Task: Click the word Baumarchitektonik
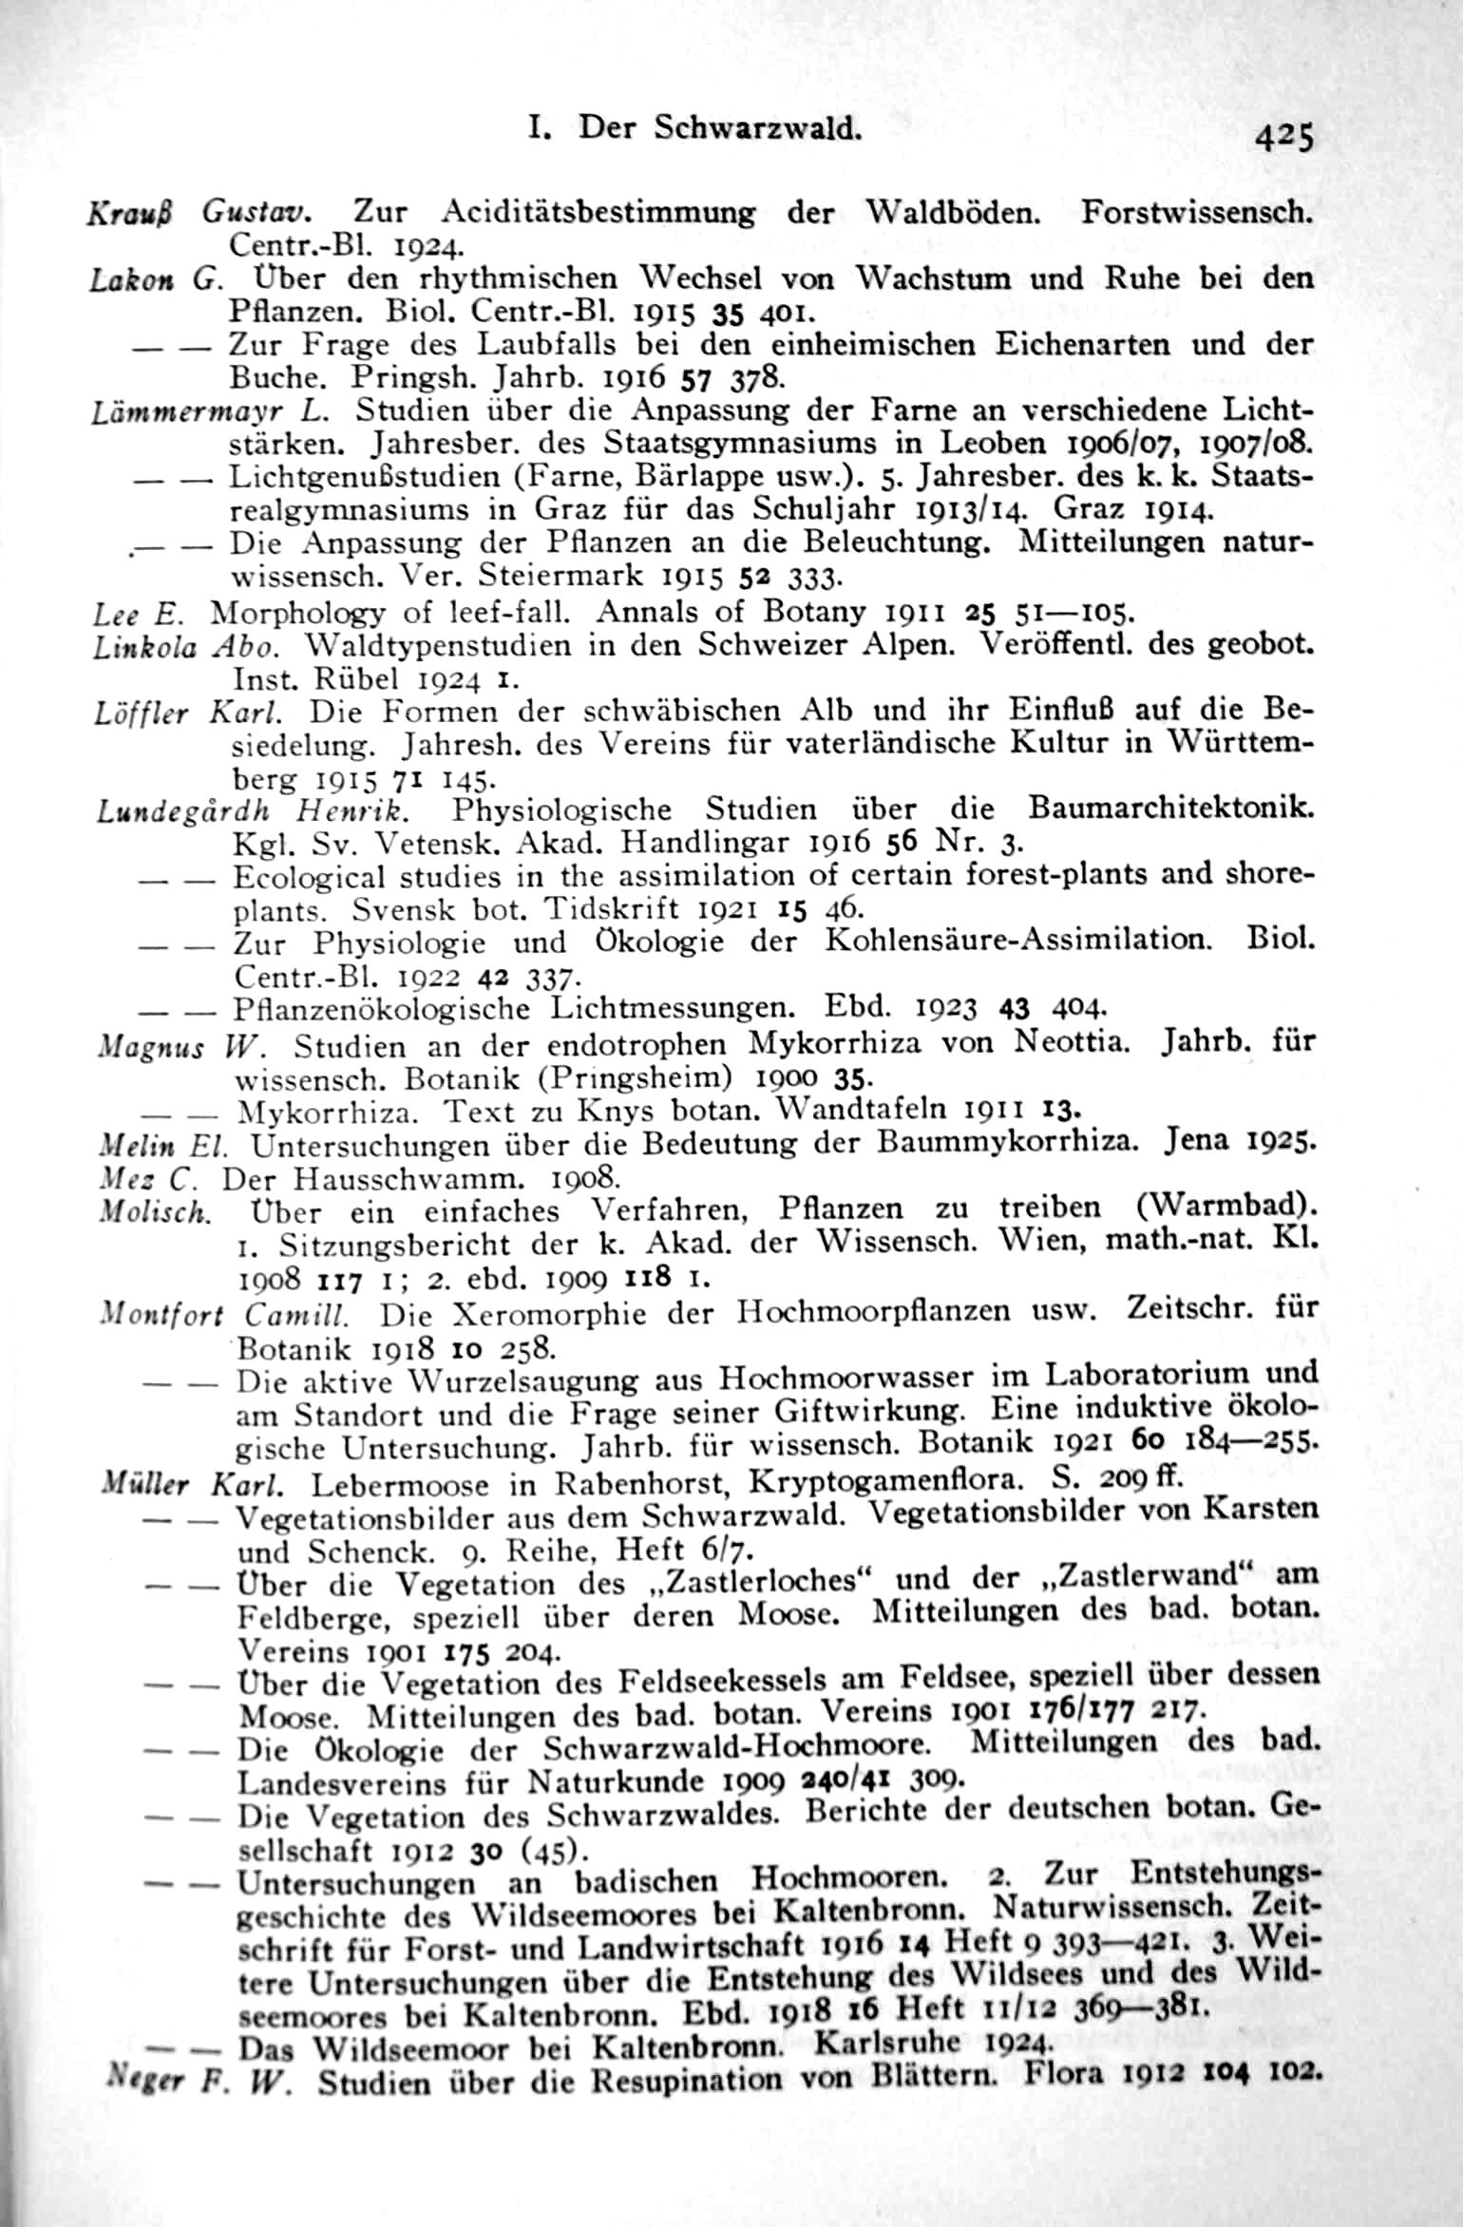pyautogui.click(x=1171, y=809)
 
